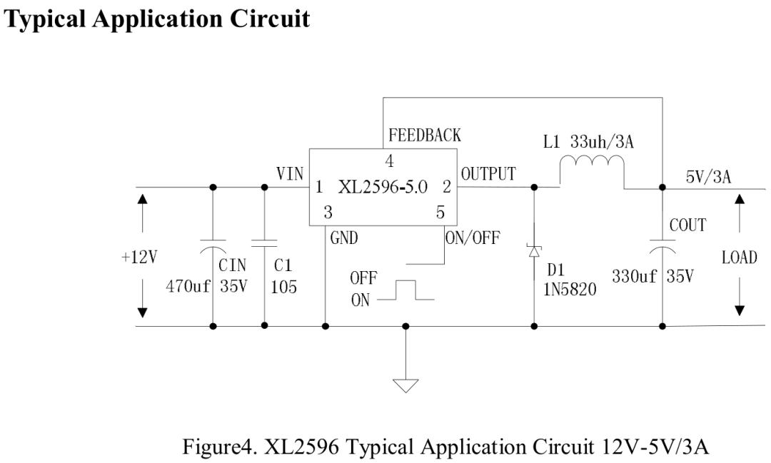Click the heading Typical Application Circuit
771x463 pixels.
point(158,17)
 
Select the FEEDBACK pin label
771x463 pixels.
point(424,135)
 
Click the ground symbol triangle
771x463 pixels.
point(406,385)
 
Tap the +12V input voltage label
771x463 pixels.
point(138,258)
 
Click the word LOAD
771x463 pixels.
point(739,258)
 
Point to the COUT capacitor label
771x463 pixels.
point(687,225)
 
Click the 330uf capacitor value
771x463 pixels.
point(634,276)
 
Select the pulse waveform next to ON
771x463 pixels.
point(405,291)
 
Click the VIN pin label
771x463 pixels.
point(290,173)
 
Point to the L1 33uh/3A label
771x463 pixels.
point(588,142)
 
